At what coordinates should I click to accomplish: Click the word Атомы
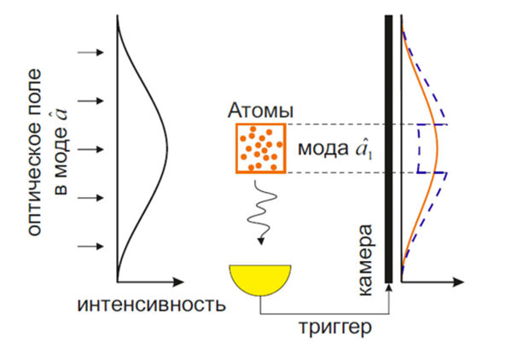260,111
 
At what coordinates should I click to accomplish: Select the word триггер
335,327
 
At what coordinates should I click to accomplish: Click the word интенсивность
152,305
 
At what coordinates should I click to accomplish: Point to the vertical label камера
366,260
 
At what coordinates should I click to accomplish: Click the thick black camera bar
389,148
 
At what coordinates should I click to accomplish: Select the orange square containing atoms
261,148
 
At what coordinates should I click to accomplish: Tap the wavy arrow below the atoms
262,212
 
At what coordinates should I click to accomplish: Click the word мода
323,148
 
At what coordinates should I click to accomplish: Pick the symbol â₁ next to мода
363,150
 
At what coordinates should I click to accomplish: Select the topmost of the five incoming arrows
90,52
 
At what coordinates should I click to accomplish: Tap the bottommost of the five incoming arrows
90,247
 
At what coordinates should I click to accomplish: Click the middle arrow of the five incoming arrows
90,149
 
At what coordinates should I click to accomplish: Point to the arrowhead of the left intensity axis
178,282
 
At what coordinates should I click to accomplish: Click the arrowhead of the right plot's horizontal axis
459,282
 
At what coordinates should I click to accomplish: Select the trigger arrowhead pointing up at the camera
389,287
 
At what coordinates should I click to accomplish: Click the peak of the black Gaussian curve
168,148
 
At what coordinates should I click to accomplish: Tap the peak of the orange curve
438,148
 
